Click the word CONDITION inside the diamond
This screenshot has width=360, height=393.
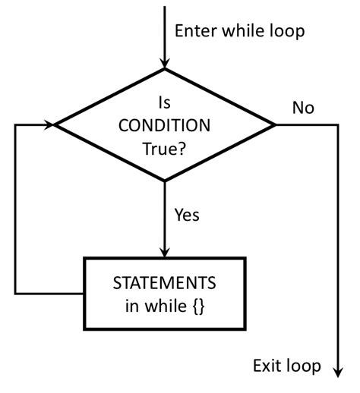pos(165,124)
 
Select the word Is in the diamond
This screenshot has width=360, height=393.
pos(164,101)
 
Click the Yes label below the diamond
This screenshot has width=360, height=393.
pos(187,215)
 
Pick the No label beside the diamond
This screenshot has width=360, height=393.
pos(303,108)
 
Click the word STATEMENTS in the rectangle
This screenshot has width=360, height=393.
pos(164,283)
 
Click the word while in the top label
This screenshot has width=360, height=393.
pos(243,31)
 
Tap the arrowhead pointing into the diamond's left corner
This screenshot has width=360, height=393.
pos(52,124)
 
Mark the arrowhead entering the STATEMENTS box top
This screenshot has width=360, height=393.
pos(164,253)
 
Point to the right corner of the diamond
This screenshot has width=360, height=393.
pos(274,124)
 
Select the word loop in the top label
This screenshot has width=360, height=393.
pos(285,31)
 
